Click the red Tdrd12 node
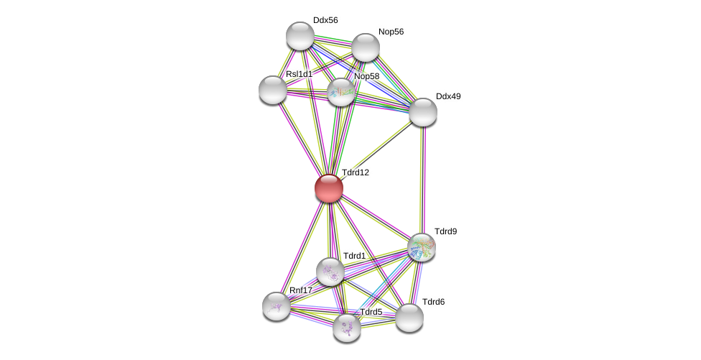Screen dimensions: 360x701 click(329, 188)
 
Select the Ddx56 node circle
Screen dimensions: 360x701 click(300, 36)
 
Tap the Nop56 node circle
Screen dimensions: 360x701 click(366, 47)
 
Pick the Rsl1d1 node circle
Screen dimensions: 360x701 click(273, 90)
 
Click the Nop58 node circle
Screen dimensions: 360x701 click(341, 92)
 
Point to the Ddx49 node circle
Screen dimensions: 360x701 click(423, 112)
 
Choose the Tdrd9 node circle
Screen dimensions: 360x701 click(422, 247)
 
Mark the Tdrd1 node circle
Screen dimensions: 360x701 click(330, 272)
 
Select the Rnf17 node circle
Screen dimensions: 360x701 click(277, 306)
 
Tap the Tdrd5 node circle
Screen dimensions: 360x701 click(347, 328)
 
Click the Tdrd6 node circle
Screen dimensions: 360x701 click(409, 318)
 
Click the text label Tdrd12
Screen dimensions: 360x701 click(355, 172)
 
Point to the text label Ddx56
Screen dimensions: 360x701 click(325, 20)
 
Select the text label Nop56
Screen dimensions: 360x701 click(391, 32)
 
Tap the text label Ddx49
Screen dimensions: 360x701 click(448, 96)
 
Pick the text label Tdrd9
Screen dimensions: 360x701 click(445, 231)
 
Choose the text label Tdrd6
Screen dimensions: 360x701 click(433, 302)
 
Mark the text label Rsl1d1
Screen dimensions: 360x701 click(299, 74)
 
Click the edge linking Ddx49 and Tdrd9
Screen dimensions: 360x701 click(422, 180)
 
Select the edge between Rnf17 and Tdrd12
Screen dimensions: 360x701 click(302, 247)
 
